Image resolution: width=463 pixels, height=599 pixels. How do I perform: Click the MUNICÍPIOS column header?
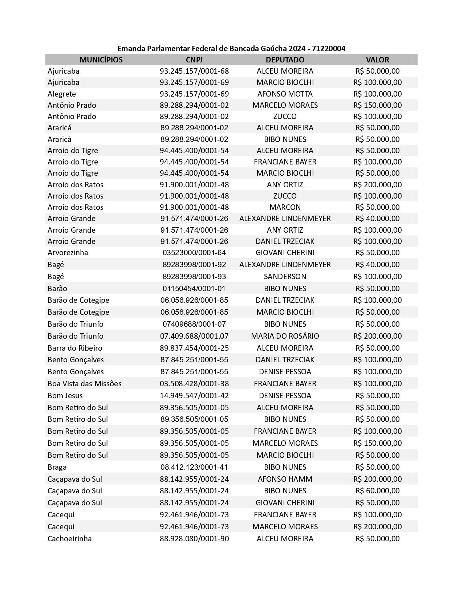tap(101, 60)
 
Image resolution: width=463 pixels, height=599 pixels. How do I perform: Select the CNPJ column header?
tap(194, 60)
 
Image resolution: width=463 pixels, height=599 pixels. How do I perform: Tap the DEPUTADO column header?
tap(285, 60)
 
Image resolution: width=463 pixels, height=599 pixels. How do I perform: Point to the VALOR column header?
tap(377, 60)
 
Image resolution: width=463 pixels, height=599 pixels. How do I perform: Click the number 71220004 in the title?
tap(328, 48)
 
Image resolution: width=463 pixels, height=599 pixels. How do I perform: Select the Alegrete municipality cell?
tap(62, 94)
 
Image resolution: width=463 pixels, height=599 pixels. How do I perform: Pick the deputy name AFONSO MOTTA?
tap(285, 94)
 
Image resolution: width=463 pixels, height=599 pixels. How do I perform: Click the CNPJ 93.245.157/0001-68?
tap(194, 71)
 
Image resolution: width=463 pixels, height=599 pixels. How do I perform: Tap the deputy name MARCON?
tap(285, 207)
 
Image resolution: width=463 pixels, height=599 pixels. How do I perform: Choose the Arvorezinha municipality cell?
tap(68, 252)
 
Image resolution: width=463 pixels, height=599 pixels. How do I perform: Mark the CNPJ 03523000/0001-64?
tap(194, 252)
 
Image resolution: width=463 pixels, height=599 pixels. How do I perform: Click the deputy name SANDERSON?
tap(285, 276)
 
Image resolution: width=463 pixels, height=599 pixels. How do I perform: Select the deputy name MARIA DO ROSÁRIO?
tap(285, 336)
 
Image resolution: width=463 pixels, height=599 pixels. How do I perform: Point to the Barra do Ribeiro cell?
tap(75, 348)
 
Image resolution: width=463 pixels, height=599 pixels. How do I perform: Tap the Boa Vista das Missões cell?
tap(84, 383)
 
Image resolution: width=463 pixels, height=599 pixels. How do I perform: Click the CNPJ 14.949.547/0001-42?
tap(194, 395)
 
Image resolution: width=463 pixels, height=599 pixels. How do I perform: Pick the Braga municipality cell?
tap(57, 467)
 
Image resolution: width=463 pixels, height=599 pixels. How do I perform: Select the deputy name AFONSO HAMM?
tap(285, 479)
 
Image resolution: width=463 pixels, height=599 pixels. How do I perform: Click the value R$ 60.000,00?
tap(377, 490)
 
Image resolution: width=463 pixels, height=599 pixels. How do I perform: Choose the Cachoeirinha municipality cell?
tap(69, 538)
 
